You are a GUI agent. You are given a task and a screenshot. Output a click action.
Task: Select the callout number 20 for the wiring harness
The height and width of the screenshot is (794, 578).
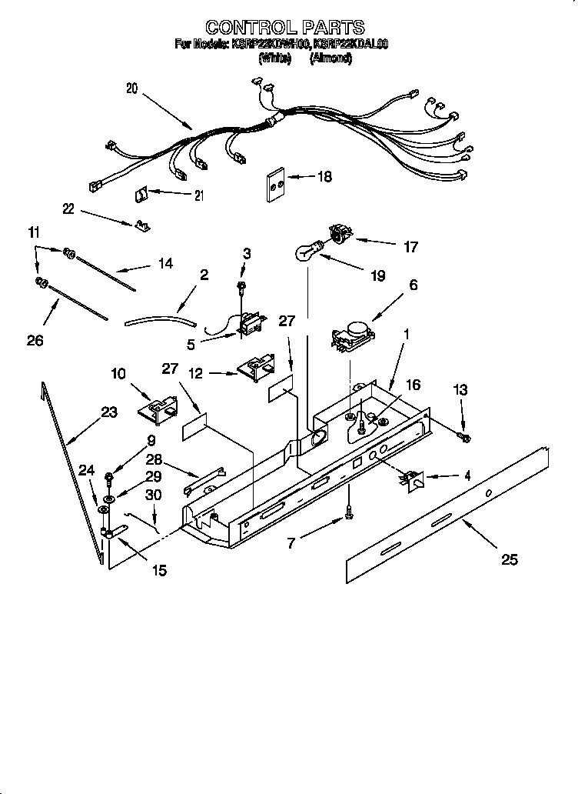tap(131, 88)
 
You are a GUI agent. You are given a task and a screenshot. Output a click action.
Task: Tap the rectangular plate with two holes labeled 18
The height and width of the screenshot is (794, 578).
tap(276, 185)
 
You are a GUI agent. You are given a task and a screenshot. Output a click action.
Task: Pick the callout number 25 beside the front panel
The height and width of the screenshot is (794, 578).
tap(509, 559)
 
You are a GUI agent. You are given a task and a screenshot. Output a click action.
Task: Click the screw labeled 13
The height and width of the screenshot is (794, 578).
tap(463, 438)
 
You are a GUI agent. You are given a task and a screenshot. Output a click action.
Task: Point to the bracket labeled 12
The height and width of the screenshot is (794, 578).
tap(256, 369)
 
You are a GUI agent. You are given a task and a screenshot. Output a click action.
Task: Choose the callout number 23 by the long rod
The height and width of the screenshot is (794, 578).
tap(108, 412)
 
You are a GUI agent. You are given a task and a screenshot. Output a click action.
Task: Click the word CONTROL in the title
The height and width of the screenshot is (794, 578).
tap(239, 28)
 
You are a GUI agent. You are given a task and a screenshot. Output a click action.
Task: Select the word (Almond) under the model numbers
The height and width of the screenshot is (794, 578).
tap(331, 58)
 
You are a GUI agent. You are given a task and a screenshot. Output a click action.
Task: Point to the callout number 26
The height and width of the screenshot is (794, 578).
tap(35, 339)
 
